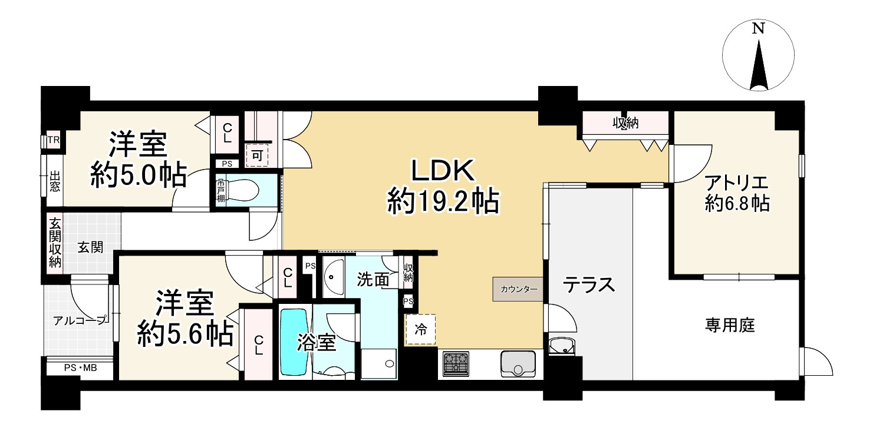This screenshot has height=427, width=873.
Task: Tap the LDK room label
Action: pos(442,172)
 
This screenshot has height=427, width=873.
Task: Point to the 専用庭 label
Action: pos(730,325)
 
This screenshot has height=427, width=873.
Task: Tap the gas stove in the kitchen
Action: pos(456,363)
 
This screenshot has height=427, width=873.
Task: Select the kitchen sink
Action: pos(518,363)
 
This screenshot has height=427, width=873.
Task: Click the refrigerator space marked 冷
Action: pos(421,329)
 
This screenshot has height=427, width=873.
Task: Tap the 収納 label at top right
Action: pos(625,124)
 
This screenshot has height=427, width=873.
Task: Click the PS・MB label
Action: pos(81,369)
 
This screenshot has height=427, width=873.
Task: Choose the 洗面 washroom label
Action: pos(373,280)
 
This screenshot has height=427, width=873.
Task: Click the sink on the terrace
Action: pos(561,347)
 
